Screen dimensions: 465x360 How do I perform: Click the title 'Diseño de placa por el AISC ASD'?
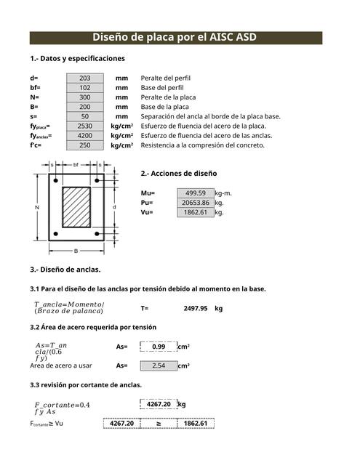175,38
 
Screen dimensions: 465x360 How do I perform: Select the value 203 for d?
85,78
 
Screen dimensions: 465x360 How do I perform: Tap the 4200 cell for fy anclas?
85,135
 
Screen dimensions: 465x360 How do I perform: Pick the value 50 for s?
85,116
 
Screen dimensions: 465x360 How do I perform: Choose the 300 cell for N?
85,97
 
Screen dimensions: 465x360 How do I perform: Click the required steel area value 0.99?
159,347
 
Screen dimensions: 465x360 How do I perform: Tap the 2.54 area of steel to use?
159,366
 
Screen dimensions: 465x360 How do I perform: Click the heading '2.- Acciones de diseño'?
178,174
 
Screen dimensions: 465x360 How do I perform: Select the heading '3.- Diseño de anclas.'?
65,270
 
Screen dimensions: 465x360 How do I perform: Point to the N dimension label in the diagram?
36,208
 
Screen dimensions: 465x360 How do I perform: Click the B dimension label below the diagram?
76,250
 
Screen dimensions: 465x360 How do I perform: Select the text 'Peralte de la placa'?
168,97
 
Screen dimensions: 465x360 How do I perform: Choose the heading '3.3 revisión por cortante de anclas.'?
86,384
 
